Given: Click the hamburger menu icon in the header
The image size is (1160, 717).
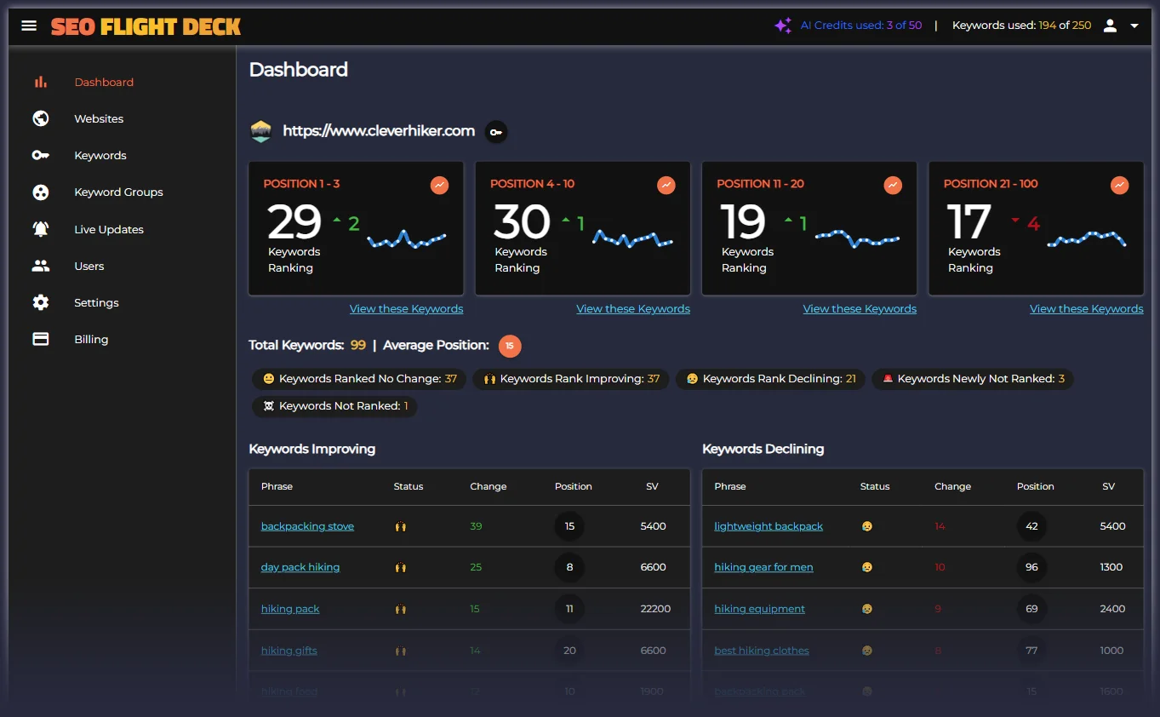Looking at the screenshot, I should click(x=29, y=26).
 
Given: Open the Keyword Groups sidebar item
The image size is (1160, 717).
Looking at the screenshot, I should click(x=118, y=192).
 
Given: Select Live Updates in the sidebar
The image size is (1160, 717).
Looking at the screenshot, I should click(x=108, y=229).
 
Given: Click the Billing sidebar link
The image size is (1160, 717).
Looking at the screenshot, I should click(x=90, y=339).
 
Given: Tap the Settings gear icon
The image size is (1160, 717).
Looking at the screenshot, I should click(x=41, y=302).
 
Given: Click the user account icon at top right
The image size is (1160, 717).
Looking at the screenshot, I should click(x=1110, y=26).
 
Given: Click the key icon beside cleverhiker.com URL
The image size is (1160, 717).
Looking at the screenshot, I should click(x=496, y=131).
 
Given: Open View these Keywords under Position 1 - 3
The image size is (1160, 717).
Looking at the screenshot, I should click(x=406, y=309).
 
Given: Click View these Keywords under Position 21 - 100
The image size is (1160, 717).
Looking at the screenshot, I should click(x=1086, y=309).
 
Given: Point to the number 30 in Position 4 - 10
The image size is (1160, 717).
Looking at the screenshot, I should click(x=522, y=222).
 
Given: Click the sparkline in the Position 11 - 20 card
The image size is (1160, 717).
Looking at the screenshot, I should click(x=857, y=238).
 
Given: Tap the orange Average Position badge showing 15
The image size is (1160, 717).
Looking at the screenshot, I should click(x=510, y=346).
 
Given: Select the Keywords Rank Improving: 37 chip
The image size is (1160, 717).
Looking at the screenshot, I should click(x=571, y=379).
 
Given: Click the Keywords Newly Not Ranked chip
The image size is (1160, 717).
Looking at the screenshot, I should click(x=972, y=379).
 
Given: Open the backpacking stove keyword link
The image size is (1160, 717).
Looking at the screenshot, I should click(x=307, y=526).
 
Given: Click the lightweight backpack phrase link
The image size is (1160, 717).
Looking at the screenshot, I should click(x=768, y=526).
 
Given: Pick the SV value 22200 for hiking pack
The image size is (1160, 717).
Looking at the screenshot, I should click(x=655, y=609).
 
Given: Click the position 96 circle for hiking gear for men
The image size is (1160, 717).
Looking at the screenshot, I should click(x=1031, y=567).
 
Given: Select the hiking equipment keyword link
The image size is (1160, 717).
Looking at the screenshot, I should click(x=759, y=609).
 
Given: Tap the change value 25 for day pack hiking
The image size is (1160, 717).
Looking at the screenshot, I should click(x=476, y=567).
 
